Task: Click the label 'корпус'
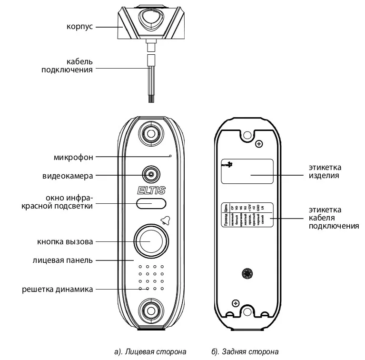pyautogui.click(x=80, y=27)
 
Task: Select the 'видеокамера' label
pyautogui.click(x=68, y=175)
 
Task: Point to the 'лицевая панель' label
pyautogui.click(x=63, y=260)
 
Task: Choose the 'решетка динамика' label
pyautogui.click(x=57, y=289)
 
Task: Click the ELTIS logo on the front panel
pyautogui.click(x=151, y=190)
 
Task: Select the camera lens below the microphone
pyautogui.click(x=151, y=174)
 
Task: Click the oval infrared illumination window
pyautogui.click(x=151, y=204)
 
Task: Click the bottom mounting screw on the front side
pyautogui.click(x=151, y=310)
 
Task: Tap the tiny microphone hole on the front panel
pyautogui.click(x=170, y=156)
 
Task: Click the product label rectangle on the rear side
pyautogui.click(x=247, y=171)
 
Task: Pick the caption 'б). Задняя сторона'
pyautogui.click(x=245, y=352)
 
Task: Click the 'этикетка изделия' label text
pyautogui.click(x=325, y=171)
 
